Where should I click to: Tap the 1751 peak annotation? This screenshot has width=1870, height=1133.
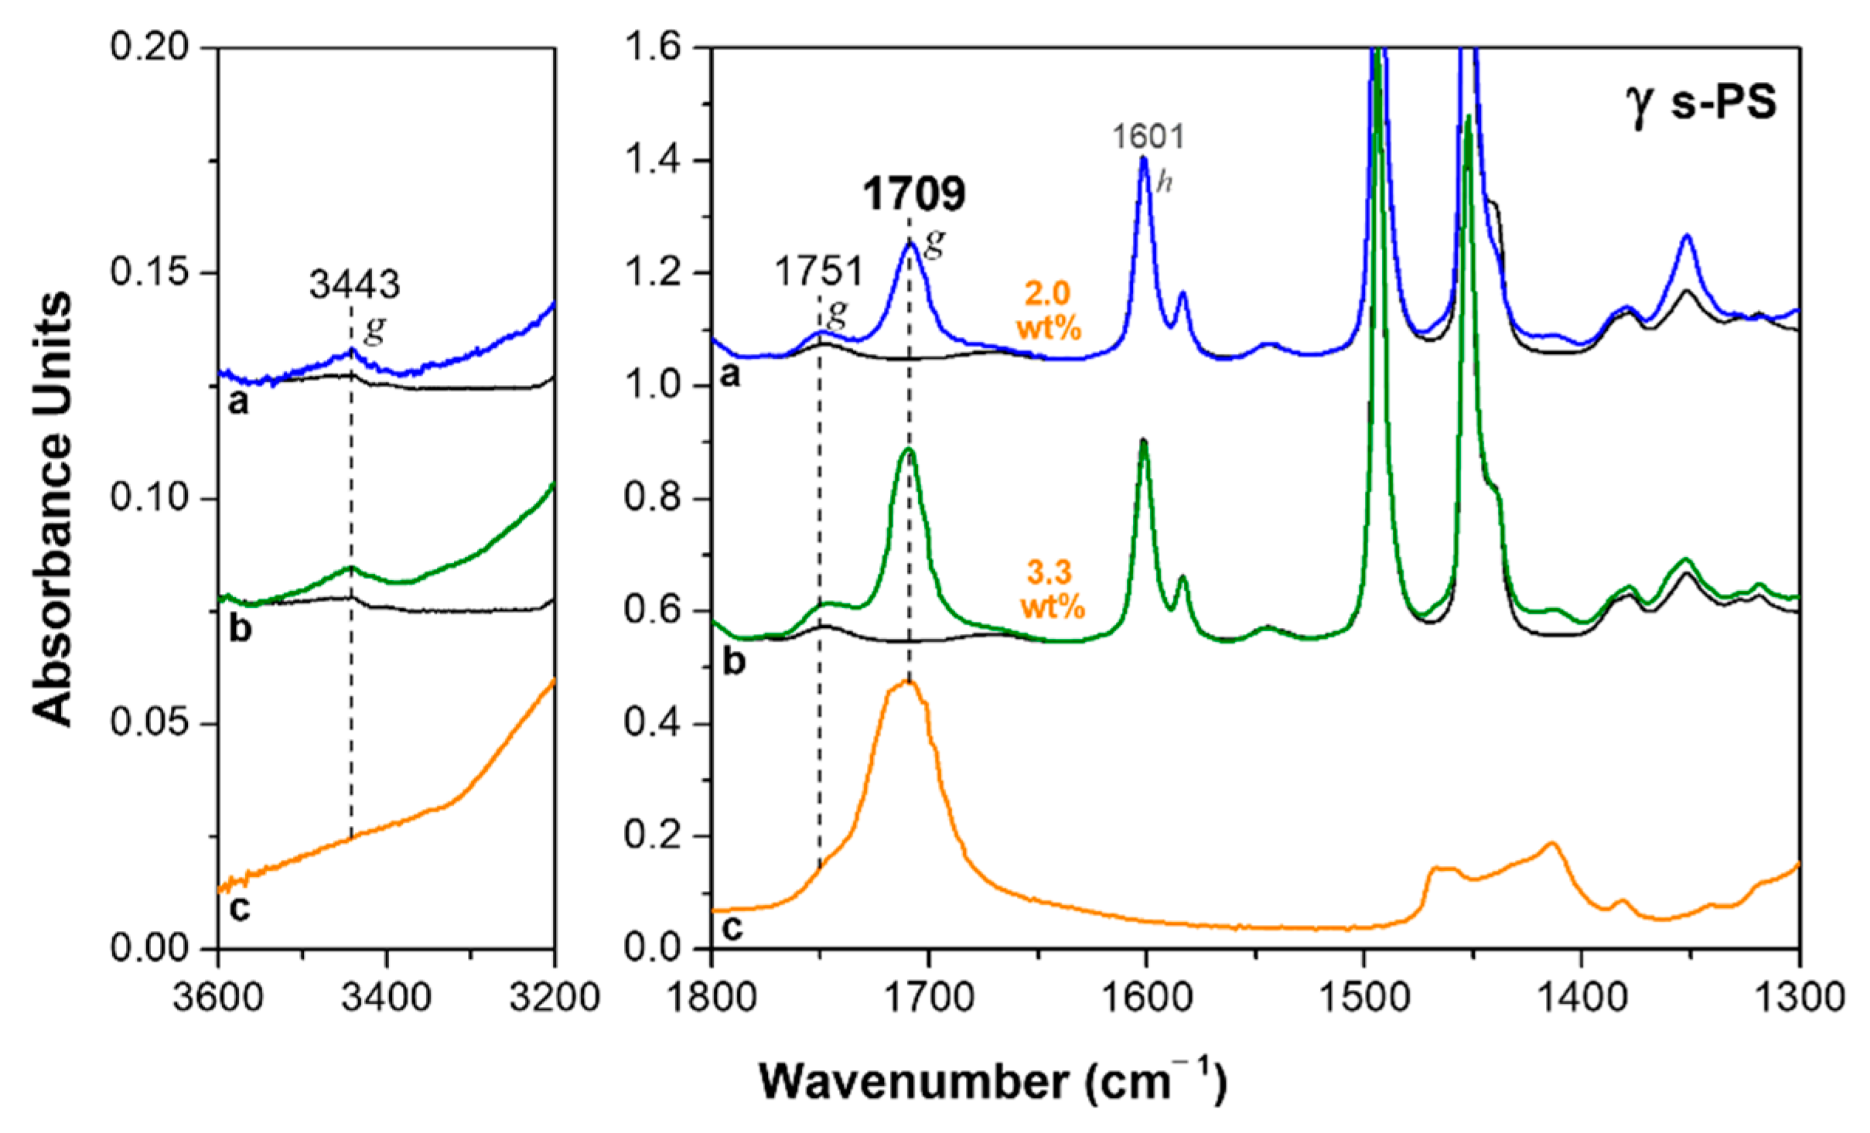(x=818, y=272)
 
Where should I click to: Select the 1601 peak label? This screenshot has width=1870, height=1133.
(x=1148, y=138)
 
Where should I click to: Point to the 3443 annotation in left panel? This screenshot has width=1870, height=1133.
(x=355, y=285)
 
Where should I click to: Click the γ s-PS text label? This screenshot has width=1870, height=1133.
(x=1701, y=103)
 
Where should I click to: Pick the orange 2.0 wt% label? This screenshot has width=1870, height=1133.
(x=1049, y=311)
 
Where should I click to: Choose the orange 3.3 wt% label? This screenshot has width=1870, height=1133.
(x=1052, y=589)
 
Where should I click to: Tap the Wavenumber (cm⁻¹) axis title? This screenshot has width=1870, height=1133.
(x=993, y=1080)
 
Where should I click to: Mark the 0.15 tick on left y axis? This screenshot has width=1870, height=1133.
(x=150, y=272)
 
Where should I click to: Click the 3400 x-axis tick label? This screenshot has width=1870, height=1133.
(x=387, y=998)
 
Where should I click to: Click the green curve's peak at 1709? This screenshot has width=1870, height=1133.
(x=909, y=449)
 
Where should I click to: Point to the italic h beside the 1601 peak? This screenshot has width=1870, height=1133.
(x=1164, y=183)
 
